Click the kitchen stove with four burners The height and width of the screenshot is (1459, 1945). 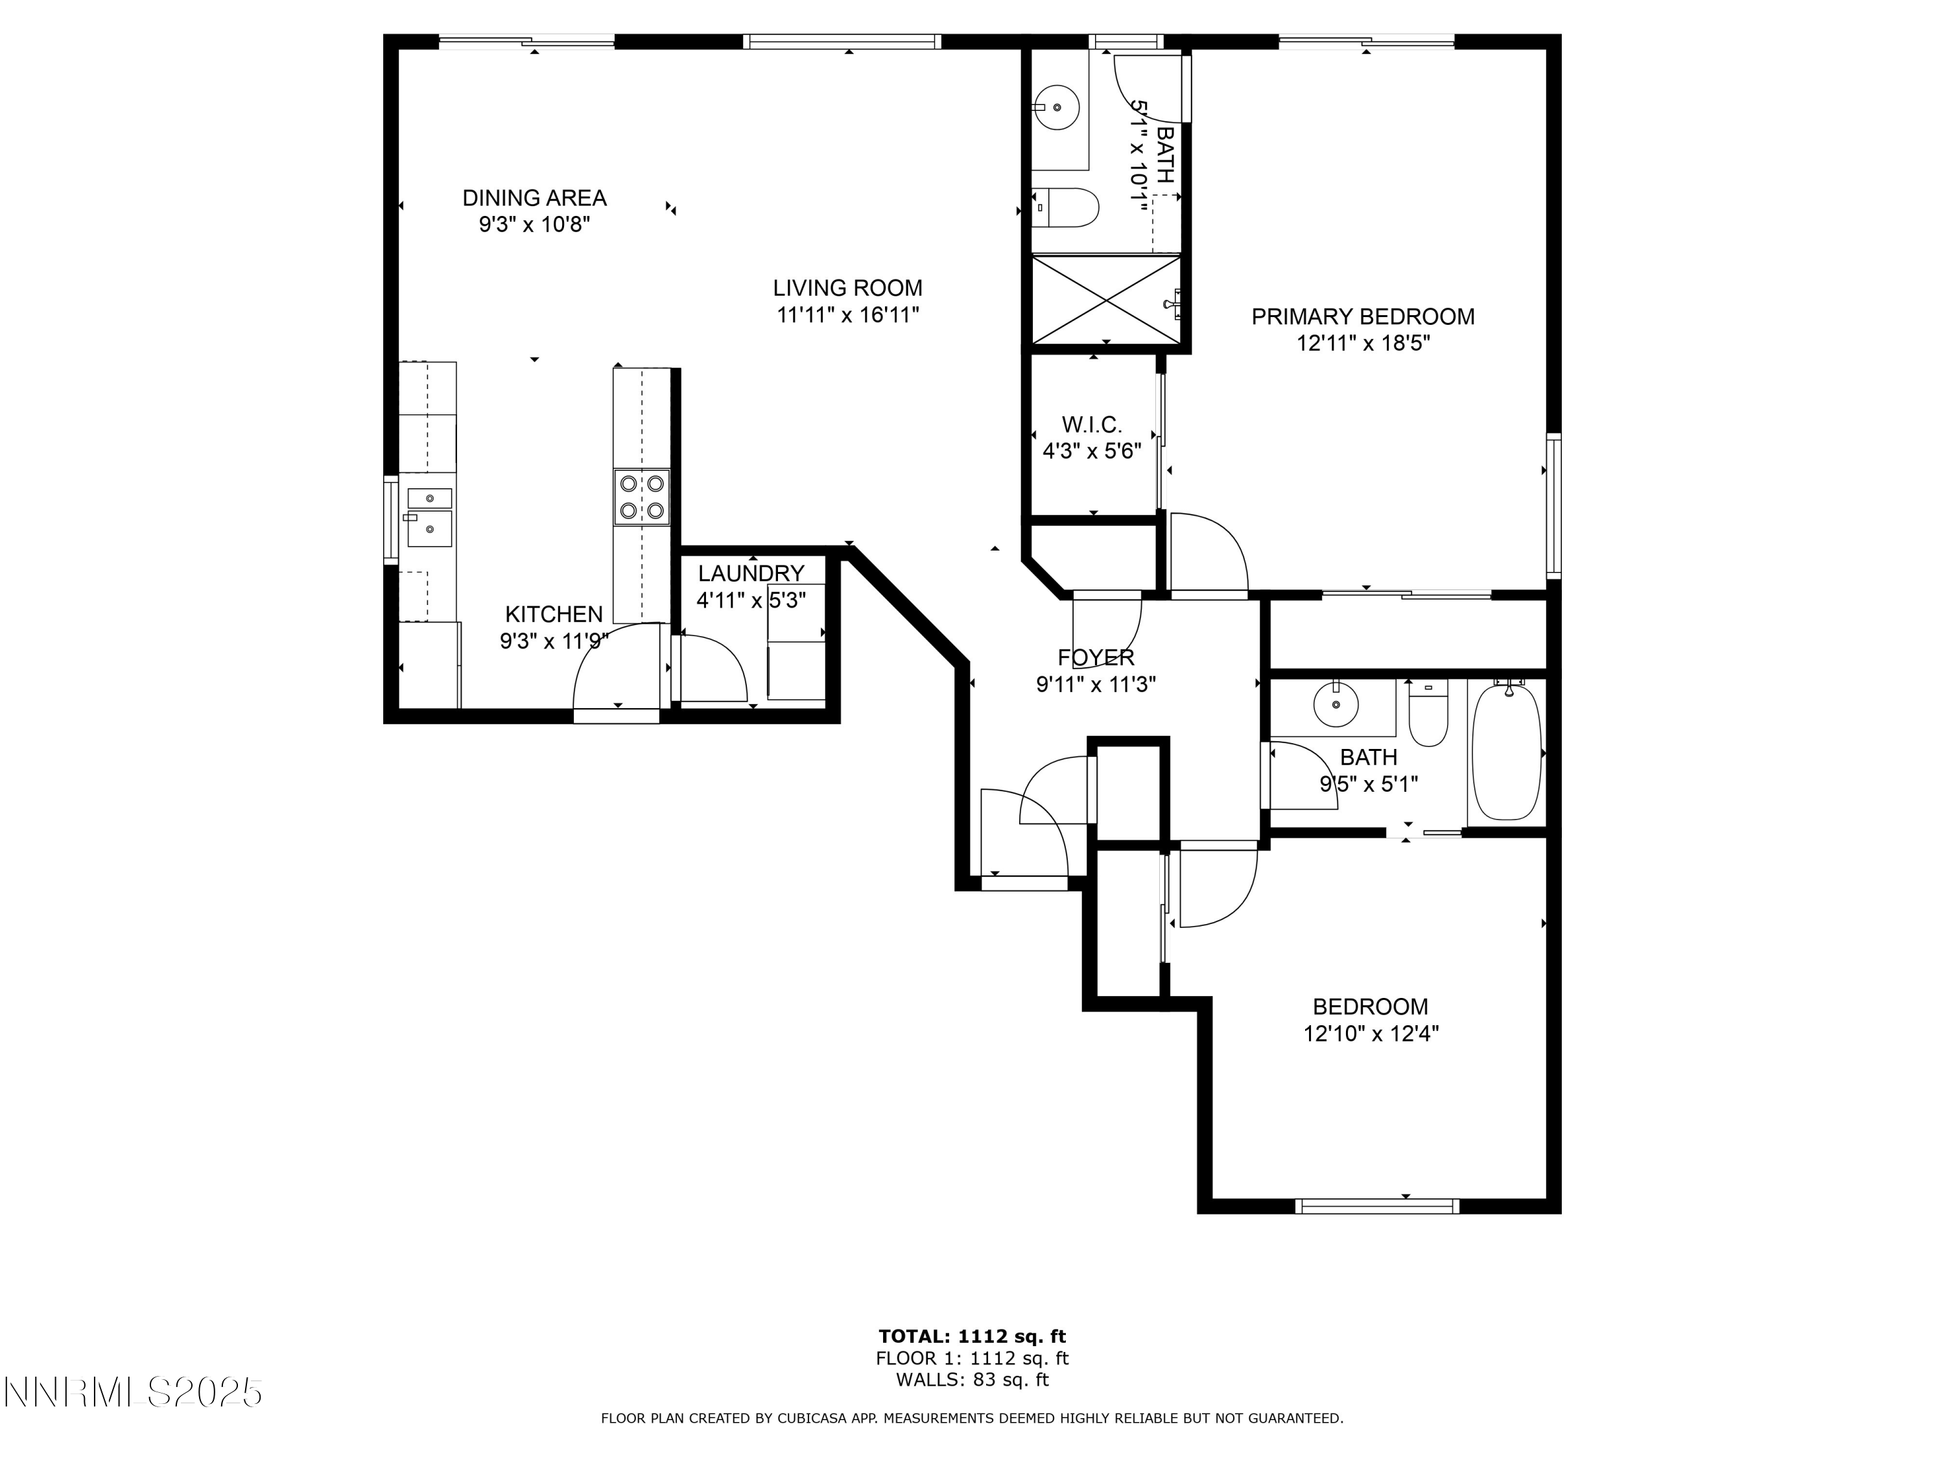[x=641, y=497]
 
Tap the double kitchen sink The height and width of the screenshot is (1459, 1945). [x=429, y=517]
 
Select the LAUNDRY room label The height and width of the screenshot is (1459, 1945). [x=751, y=573]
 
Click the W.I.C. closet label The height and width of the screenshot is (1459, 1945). [x=1091, y=425]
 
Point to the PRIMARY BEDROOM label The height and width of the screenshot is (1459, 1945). [x=1362, y=316]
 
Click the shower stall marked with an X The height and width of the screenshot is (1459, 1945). [x=1105, y=299]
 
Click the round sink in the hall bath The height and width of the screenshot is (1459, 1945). [x=1336, y=704]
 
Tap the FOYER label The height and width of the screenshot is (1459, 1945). [x=1096, y=658]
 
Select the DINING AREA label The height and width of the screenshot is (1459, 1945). [x=535, y=198]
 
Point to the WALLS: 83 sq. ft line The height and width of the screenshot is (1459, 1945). [x=972, y=1380]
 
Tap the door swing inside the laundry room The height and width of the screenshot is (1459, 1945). [x=714, y=670]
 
